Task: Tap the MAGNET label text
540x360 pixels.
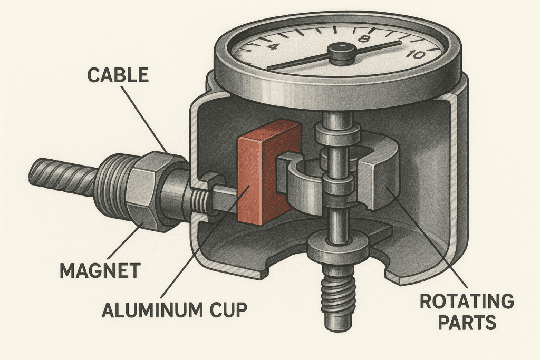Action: tap(100, 271)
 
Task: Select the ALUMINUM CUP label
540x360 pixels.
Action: tap(174, 309)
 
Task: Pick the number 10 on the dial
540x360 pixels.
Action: tap(417, 54)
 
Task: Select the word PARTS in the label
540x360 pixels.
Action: tap(466, 322)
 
